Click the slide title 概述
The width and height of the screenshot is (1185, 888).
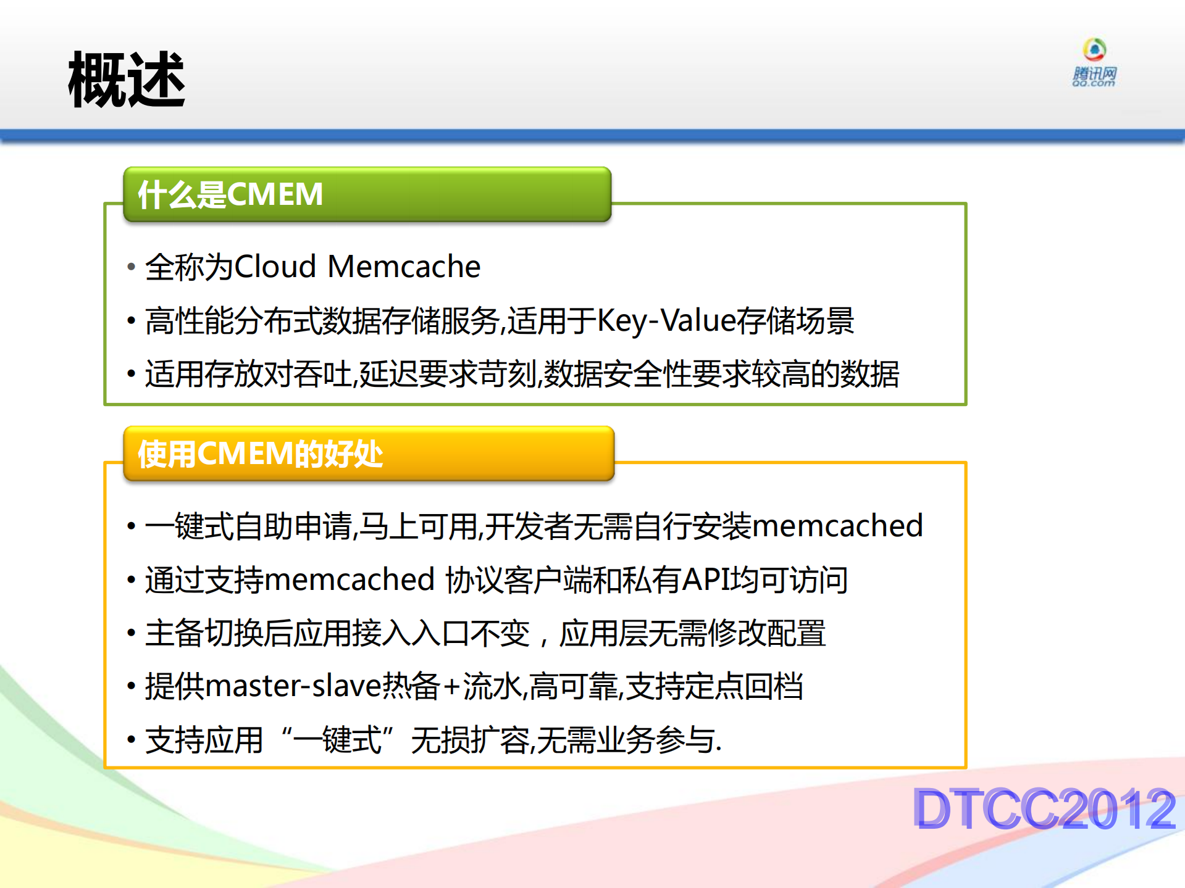click(127, 80)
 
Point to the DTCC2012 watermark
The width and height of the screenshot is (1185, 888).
click(1044, 808)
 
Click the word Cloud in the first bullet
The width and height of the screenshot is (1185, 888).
click(275, 267)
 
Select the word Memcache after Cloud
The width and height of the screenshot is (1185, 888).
click(404, 267)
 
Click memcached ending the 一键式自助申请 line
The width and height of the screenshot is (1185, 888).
click(837, 526)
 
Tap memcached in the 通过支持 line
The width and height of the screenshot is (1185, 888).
click(350, 579)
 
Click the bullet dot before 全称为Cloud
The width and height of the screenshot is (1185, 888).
click(131, 267)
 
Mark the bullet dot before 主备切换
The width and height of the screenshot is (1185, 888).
click(131, 633)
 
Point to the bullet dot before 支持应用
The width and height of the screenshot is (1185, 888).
click(131, 740)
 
